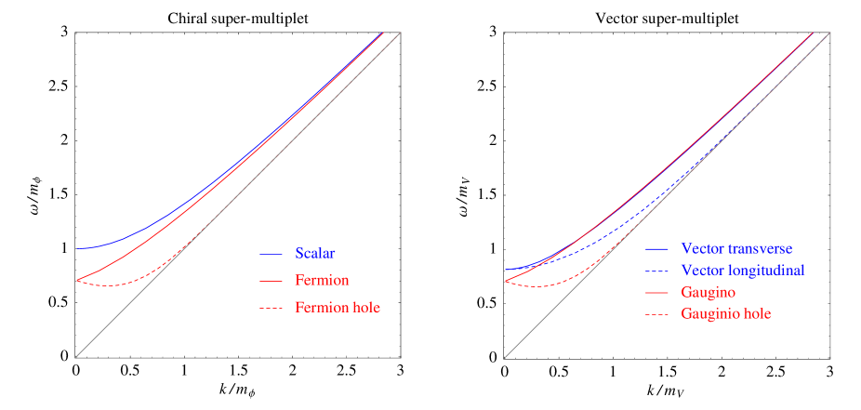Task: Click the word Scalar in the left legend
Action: pyautogui.click(x=315, y=253)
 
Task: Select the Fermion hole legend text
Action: pyautogui.click(x=337, y=308)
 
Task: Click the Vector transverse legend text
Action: pyautogui.click(x=736, y=249)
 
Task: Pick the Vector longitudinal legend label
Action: pyautogui.click(x=742, y=270)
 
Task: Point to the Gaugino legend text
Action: pyautogui.click(x=709, y=292)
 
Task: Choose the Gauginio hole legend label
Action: pyautogui.click(x=725, y=314)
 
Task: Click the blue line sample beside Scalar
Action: pyautogui.click(x=271, y=254)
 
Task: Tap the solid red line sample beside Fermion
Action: pyautogui.click(x=271, y=281)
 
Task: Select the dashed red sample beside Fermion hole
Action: pyautogui.click(x=271, y=308)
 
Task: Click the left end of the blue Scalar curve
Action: pyautogui.click(x=78, y=248)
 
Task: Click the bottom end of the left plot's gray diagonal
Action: pyautogui.click(x=77, y=355)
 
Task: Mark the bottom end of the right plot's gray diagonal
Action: pyautogui.click(x=506, y=355)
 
